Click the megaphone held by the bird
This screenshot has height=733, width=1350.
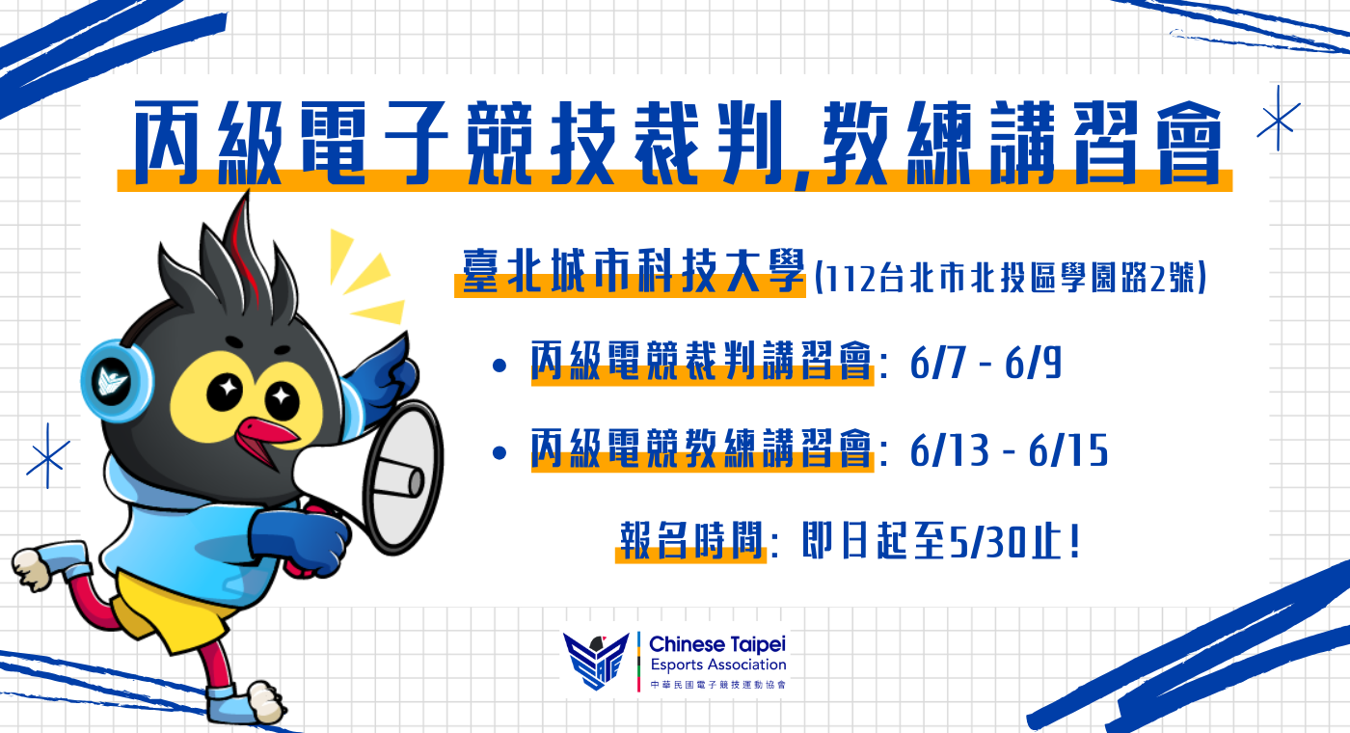point(386,476)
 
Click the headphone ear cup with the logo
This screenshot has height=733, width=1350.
point(116,381)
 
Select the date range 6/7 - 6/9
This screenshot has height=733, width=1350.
point(985,364)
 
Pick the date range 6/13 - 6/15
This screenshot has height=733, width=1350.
point(1009,451)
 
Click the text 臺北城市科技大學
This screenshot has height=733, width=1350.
point(634,271)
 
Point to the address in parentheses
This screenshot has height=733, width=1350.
point(1011,279)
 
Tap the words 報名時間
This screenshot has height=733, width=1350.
point(692,540)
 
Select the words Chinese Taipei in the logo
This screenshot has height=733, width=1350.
point(717,644)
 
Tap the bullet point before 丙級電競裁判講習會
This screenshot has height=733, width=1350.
point(499,366)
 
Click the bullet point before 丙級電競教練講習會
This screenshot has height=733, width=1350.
point(499,452)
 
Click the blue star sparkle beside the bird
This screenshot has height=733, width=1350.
point(47,456)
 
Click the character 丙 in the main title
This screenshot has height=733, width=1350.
point(167,143)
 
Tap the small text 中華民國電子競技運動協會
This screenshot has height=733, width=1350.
point(718,685)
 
